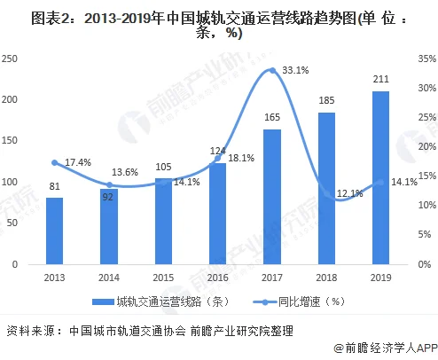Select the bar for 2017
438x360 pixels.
pyautogui.click(x=272, y=197)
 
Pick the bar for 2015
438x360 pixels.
pyautogui.click(x=164, y=221)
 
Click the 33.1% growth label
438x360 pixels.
pyautogui.click(x=295, y=70)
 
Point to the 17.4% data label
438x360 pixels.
pyautogui.click(x=79, y=162)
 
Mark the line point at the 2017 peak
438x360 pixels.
pyautogui.click(x=272, y=71)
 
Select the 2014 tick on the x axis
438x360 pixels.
pyautogui.click(x=109, y=277)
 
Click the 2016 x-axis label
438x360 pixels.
pyautogui.click(x=218, y=277)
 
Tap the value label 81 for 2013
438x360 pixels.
pyautogui.click(x=55, y=186)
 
